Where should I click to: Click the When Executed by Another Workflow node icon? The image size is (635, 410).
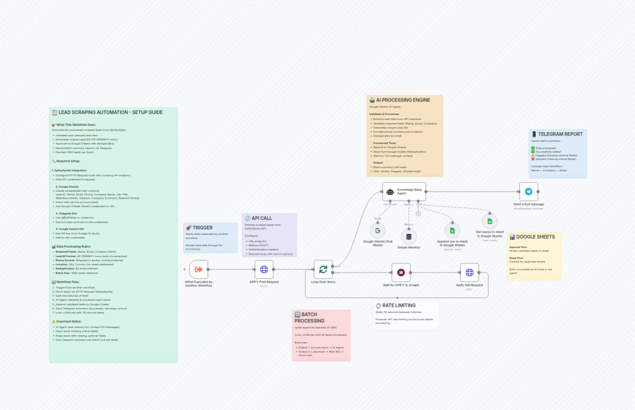click(198, 269)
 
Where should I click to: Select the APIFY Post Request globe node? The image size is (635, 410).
click(264, 269)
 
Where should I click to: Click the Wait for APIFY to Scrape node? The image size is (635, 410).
click(401, 272)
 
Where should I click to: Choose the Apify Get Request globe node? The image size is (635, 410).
click(469, 272)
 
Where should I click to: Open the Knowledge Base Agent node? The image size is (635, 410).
click(404, 191)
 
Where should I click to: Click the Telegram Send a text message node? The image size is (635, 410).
click(528, 191)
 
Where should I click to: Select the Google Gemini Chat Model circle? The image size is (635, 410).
click(377, 231)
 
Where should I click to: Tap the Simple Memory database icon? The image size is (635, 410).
click(409, 236)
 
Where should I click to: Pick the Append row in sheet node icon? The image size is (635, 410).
click(452, 231)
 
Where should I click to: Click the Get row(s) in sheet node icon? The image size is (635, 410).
click(490, 221)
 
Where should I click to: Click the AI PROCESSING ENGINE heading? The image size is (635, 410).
click(403, 100)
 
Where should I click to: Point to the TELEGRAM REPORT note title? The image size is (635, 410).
click(560, 134)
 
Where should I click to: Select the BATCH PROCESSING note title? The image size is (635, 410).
click(309, 318)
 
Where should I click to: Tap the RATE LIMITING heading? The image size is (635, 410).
click(399, 305)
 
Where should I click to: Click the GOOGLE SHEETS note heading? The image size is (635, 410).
click(535, 237)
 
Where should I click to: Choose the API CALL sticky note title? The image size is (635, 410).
click(262, 218)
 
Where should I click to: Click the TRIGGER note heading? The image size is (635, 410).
click(202, 228)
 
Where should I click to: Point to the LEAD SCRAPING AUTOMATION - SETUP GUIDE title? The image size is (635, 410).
click(110, 112)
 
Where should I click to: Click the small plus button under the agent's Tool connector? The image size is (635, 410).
click(418, 214)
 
